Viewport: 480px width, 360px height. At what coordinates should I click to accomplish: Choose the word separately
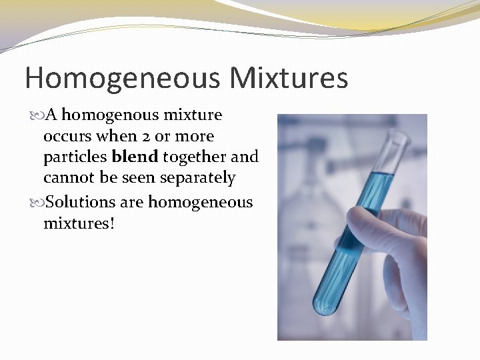point(200,178)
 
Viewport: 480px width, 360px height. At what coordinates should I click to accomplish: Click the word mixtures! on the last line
point(79,223)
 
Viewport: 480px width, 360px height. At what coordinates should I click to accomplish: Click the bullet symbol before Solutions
point(34,202)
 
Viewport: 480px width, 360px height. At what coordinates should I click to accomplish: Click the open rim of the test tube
point(399,138)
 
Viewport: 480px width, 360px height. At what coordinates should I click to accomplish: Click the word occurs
point(67,136)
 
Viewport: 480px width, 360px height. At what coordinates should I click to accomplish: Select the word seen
point(141,178)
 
